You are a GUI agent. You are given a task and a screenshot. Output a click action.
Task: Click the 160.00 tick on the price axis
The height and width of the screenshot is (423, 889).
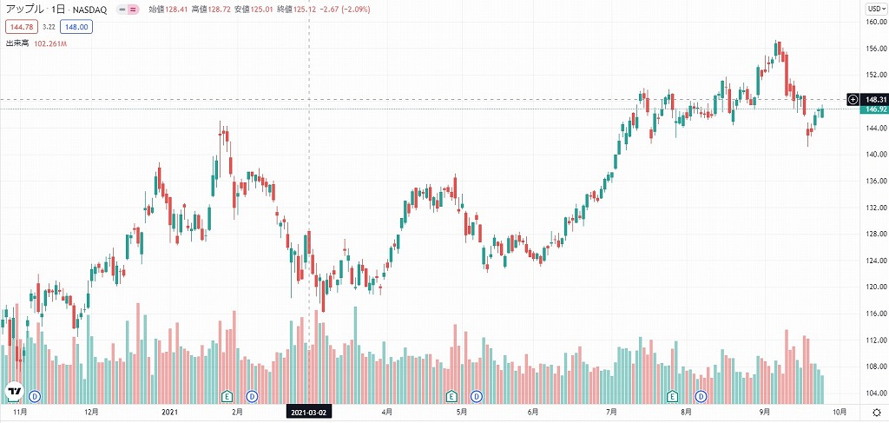click(x=875, y=23)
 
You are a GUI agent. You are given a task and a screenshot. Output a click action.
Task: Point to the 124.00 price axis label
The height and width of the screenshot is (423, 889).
click(x=875, y=261)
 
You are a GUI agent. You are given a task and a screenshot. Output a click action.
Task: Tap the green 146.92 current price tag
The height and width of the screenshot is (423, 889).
click(x=875, y=109)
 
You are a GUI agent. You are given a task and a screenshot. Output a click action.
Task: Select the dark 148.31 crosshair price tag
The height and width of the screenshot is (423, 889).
click(x=875, y=100)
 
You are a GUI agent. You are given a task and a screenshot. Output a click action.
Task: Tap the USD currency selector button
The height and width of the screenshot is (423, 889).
click(x=874, y=9)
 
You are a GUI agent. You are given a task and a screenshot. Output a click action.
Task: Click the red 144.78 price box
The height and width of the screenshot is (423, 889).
click(x=19, y=27)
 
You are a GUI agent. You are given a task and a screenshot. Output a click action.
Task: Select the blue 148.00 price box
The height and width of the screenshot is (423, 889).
click(x=77, y=27)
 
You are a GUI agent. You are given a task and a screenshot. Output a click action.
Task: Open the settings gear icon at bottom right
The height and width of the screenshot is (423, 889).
click(x=875, y=413)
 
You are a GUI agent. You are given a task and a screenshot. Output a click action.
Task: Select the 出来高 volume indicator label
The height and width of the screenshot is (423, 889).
click(x=17, y=43)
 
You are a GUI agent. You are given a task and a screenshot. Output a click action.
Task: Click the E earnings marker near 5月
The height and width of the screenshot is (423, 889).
click(x=451, y=397)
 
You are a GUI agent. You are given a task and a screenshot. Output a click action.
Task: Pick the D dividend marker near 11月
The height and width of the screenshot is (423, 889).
click(x=35, y=397)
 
